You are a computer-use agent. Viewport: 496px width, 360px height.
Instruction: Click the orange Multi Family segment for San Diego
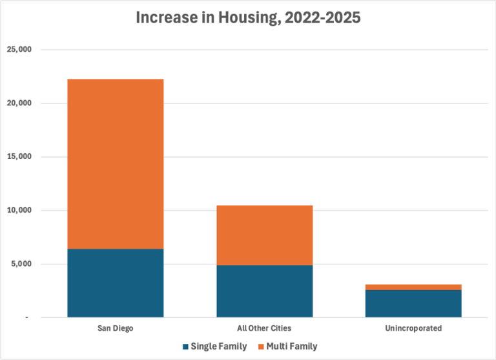click(x=115, y=164)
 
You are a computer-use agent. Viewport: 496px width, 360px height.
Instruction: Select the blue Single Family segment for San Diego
click(x=115, y=282)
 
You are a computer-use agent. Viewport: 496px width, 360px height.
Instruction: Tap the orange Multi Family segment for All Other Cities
click(x=264, y=235)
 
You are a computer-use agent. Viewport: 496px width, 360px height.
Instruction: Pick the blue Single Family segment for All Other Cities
click(x=264, y=291)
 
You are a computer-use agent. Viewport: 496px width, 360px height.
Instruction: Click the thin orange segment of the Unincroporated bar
click(x=413, y=287)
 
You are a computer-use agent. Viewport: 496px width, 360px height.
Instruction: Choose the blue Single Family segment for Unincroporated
click(x=413, y=303)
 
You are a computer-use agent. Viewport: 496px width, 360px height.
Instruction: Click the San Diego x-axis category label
click(x=115, y=328)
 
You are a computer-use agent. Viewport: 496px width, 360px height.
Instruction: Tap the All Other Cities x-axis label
click(x=264, y=328)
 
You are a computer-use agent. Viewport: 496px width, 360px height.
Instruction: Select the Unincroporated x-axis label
click(x=413, y=328)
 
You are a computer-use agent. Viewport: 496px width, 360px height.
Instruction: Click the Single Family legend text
click(x=218, y=346)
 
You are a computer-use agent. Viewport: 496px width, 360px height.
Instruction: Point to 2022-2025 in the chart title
click(x=322, y=18)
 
